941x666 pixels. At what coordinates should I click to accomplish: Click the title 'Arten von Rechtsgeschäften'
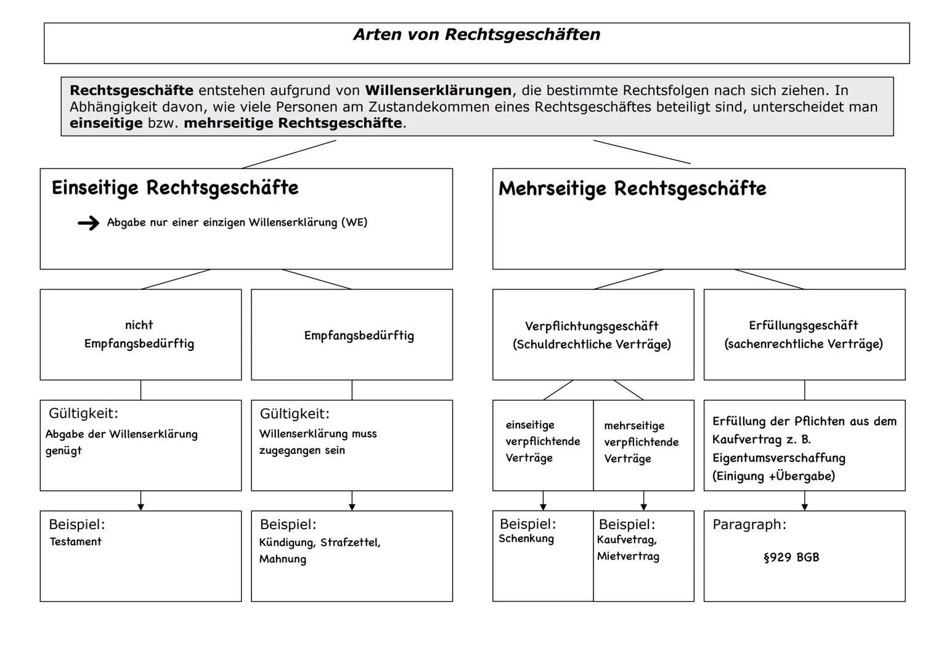pyautogui.click(x=476, y=35)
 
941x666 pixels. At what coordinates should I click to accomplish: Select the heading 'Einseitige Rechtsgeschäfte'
pyautogui.click(x=175, y=188)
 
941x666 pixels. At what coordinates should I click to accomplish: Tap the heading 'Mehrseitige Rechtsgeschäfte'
pyautogui.click(x=632, y=189)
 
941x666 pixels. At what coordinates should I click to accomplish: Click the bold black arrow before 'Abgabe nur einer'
pyautogui.click(x=89, y=223)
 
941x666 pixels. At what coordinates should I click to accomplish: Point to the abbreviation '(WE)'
pyautogui.click(x=354, y=223)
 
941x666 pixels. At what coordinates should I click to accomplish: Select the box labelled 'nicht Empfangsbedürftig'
pyautogui.click(x=140, y=334)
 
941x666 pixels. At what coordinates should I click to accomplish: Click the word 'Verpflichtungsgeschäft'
pyautogui.click(x=592, y=326)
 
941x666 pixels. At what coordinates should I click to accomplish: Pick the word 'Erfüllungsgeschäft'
pyautogui.click(x=804, y=326)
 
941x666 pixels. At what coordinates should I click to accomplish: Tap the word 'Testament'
pyautogui.click(x=75, y=542)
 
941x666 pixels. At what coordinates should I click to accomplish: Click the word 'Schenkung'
pyautogui.click(x=526, y=539)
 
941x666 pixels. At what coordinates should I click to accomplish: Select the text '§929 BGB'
pyautogui.click(x=791, y=557)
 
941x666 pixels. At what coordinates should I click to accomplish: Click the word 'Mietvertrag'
pyautogui.click(x=628, y=556)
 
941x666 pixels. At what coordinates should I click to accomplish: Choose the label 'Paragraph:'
pyautogui.click(x=749, y=525)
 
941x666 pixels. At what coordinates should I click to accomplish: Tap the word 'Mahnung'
pyautogui.click(x=282, y=559)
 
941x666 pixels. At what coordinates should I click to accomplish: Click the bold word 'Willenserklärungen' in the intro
pyautogui.click(x=438, y=91)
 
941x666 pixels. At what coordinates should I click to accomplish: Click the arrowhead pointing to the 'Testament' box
pyautogui.click(x=141, y=506)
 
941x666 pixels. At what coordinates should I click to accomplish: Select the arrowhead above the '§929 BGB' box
pyautogui.click(x=804, y=506)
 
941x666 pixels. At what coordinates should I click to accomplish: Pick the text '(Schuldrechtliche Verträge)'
pyautogui.click(x=592, y=345)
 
